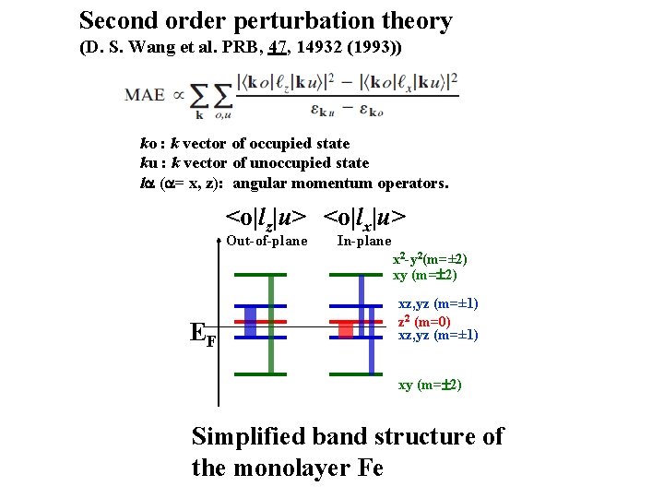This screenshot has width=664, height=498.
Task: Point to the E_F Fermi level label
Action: point(202,334)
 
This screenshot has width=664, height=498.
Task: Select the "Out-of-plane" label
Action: point(267,242)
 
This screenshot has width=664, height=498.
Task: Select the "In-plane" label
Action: point(364,242)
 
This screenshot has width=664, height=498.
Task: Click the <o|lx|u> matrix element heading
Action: point(364,218)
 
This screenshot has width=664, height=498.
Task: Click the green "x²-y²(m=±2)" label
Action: point(435,259)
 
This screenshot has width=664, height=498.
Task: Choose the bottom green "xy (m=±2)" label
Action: point(430,384)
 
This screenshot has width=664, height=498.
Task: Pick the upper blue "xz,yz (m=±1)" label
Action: point(438,303)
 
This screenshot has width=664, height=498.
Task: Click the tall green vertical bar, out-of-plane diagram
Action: point(271,323)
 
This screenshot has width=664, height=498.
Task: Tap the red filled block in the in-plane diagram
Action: point(347,329)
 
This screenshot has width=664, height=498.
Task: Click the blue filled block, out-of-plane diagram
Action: point(250,319)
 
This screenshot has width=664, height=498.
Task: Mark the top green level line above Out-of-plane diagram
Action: point(261,275)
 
